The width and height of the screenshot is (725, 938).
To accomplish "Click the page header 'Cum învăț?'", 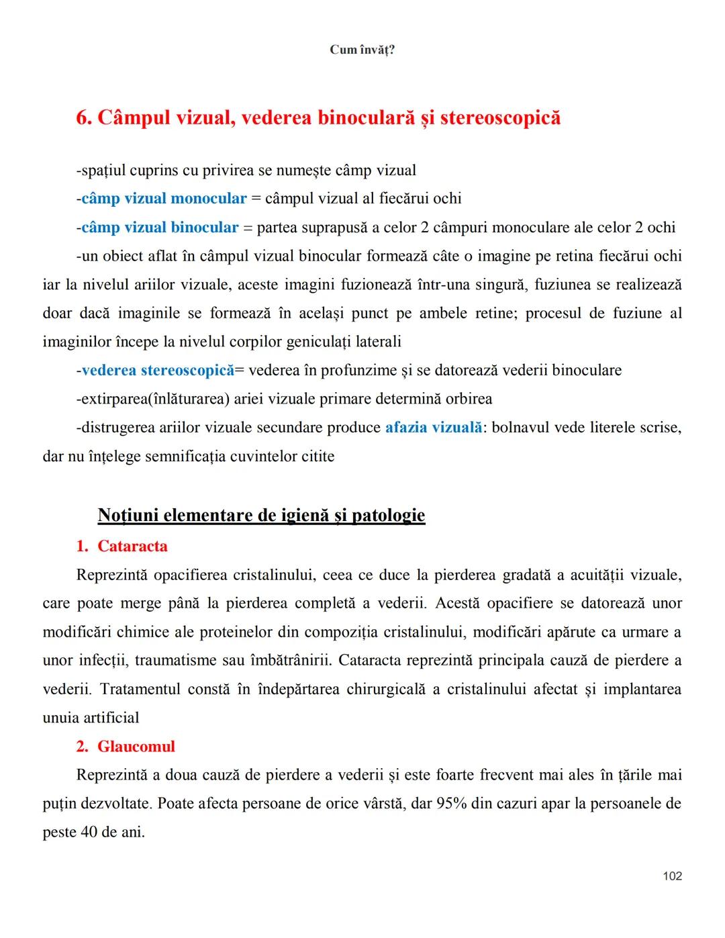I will coord(362,50).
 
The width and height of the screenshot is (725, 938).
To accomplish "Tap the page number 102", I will coord(672,876).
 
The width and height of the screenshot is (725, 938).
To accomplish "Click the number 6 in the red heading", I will coord(83,118).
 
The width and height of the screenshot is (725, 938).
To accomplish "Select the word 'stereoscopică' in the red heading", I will coord(500,118).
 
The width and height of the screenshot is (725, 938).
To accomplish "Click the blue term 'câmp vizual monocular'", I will coord(164,199).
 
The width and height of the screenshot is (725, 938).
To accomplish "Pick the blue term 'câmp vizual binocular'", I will coord(160,228).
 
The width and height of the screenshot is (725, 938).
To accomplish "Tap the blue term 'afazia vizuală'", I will coord(433,428).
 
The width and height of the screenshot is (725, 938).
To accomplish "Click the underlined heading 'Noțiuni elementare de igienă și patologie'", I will coord(261,515).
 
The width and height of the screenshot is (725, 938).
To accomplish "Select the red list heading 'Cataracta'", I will coord(132,546).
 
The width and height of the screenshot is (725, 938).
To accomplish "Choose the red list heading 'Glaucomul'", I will coord(136,747).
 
